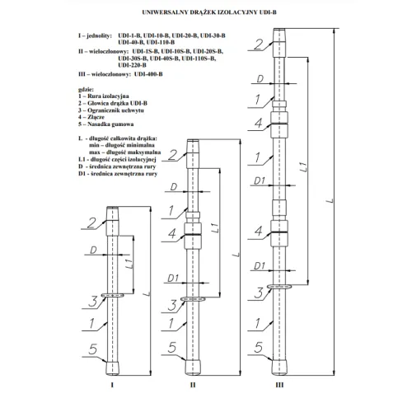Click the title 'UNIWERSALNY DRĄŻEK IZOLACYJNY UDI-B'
tap(209, 12)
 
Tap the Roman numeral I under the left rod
tap(112, 385)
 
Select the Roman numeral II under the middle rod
tap(193, 385)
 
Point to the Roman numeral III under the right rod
tap(279, 385)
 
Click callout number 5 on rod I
tap(93, 349)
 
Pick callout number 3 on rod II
tap(172, 305)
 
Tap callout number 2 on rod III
tap(258, 44)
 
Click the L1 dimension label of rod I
tap(131, 264)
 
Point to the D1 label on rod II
tap(173, 278)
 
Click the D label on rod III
tap(260, 79)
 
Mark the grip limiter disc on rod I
tap(113, 295)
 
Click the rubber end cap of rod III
tap(279, 368)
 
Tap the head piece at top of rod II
tap(193, 154)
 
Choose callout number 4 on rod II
tap(172, 233)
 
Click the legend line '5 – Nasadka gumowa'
tap(106, 124)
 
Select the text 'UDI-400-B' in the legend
tap(148, 74)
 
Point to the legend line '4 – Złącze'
tap(91, 117)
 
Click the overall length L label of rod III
tap(330, 200)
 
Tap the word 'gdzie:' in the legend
tap(86, 89)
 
